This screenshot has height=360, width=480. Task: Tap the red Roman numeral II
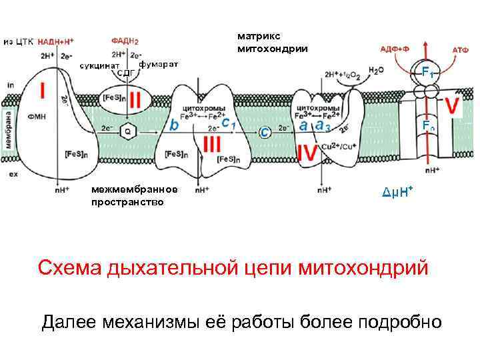click(135, 101)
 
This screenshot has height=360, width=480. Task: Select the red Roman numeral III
click(212, 145)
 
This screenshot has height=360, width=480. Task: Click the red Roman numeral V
click(453, 106)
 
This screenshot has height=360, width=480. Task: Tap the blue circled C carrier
click(265, 132)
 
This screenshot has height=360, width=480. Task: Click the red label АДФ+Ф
click(396, 48)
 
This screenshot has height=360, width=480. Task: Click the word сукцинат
click(99, 65)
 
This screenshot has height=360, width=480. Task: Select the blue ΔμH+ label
click(397, 193)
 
